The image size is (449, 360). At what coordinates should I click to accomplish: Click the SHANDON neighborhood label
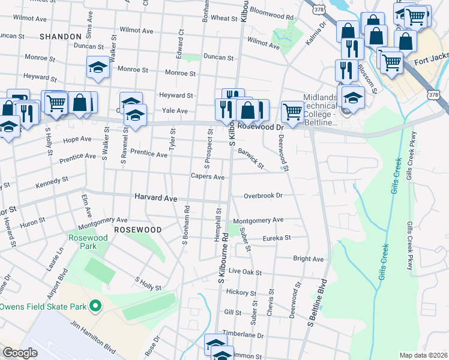60,37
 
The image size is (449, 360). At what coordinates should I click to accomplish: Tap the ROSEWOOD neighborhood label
138,230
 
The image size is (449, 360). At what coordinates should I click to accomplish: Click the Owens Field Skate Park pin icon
95,307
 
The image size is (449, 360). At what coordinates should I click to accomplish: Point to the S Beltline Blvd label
318,304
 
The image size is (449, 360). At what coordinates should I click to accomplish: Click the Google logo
20,353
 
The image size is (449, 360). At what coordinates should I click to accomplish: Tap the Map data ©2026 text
424,355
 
